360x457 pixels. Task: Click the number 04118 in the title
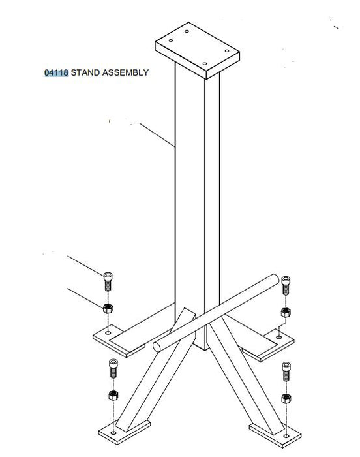[57, 72]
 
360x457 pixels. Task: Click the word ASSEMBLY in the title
[125, 72]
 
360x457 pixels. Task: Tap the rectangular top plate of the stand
[197, 50]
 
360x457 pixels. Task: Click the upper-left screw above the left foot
[108, 281]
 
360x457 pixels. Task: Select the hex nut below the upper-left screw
[108, 308]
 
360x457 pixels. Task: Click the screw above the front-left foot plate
[113, 368]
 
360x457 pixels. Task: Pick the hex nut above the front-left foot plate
[113, 395]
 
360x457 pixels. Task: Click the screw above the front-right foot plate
[286, 371]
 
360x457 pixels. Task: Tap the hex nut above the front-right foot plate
[286, 398]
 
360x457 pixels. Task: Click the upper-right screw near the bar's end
[286, 285]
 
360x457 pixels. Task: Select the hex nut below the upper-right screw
[286, 313]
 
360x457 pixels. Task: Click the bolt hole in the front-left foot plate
[113, 432]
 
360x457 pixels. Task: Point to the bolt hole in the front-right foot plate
[286, 436]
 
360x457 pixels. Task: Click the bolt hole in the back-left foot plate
[108, 332]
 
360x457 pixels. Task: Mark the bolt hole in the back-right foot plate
[278, 338]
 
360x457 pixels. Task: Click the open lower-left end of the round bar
[157, 347]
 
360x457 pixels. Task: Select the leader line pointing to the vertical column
[157, 135]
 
